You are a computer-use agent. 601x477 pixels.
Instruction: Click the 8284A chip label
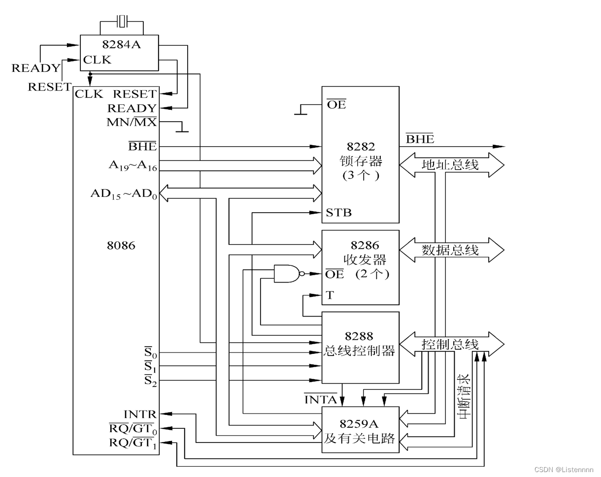click(x=121, y=44)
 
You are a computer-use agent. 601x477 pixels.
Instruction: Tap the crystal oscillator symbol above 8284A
click(x=122, y=21)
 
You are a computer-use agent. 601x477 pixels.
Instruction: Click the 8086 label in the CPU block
click(x=121, y=245)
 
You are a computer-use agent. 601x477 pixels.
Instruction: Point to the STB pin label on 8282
click(x=338, y=213)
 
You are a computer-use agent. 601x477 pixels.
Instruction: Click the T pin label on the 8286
click(x=330, y=295)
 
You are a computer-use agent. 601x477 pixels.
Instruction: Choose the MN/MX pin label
click(x=132, y=122)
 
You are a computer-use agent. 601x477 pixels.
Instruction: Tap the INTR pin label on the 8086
click(x=140, y=414)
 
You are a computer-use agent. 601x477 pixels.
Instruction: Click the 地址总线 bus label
click(x=450, y=164)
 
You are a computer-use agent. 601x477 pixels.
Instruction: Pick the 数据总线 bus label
click(x=450, y=250)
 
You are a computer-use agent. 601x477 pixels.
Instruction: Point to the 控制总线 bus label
click(x=450, y=344)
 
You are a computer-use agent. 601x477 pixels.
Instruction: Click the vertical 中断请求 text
click(x=463, y=397)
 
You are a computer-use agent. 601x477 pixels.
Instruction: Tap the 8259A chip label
click(x=360, y=423)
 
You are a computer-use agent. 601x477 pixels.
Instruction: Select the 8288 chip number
click(x=359, y=336)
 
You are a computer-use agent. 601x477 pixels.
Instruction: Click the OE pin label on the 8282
click(x=336, y=104)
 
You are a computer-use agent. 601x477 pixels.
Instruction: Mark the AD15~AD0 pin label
click(x=124, y=193)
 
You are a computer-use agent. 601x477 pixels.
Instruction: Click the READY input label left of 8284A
click(x=36, y=68)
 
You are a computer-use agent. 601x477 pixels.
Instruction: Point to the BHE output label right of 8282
click(x=420, y=139)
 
